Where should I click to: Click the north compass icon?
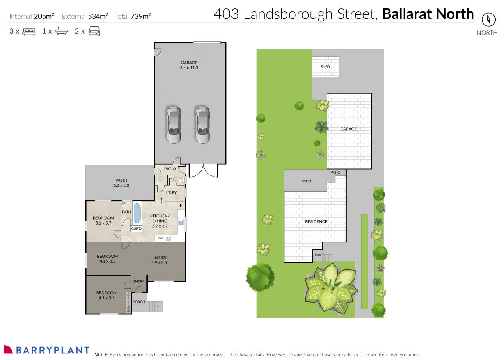pyautogui.click(x=488, y=20)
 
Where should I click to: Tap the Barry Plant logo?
pyautogui.click(x=46, y=350)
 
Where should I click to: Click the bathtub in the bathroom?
pyautogui.click(x=137, y=213)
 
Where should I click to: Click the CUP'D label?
pyautogui.click(x=136, y=229)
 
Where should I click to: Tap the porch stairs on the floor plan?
pyautogui.click(x=154, y=306)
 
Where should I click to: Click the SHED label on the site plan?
pyautogui.click(x=325, y=67)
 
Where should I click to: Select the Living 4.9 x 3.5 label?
pyautogui.click(x=160, y=260)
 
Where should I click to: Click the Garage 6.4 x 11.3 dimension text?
pyautogui.click(x=189, y=68)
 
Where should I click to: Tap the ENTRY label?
pyautogui.click(x=138, y=282)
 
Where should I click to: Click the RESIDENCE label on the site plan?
pyautogui.click(x=316, y=221)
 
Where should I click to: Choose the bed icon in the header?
pyautogui.click(x=29, y=31)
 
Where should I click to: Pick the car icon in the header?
pyautogui.click(x=94, y=31)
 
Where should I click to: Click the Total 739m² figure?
pyautogui.click(x=133, y=16)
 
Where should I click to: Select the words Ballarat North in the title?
pyautogui.click(x=428, y=14)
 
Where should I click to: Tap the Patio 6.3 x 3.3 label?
pyautogui.click(x=121, y=182)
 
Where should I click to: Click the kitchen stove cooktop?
pyautogui.click(x=168, y=238)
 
